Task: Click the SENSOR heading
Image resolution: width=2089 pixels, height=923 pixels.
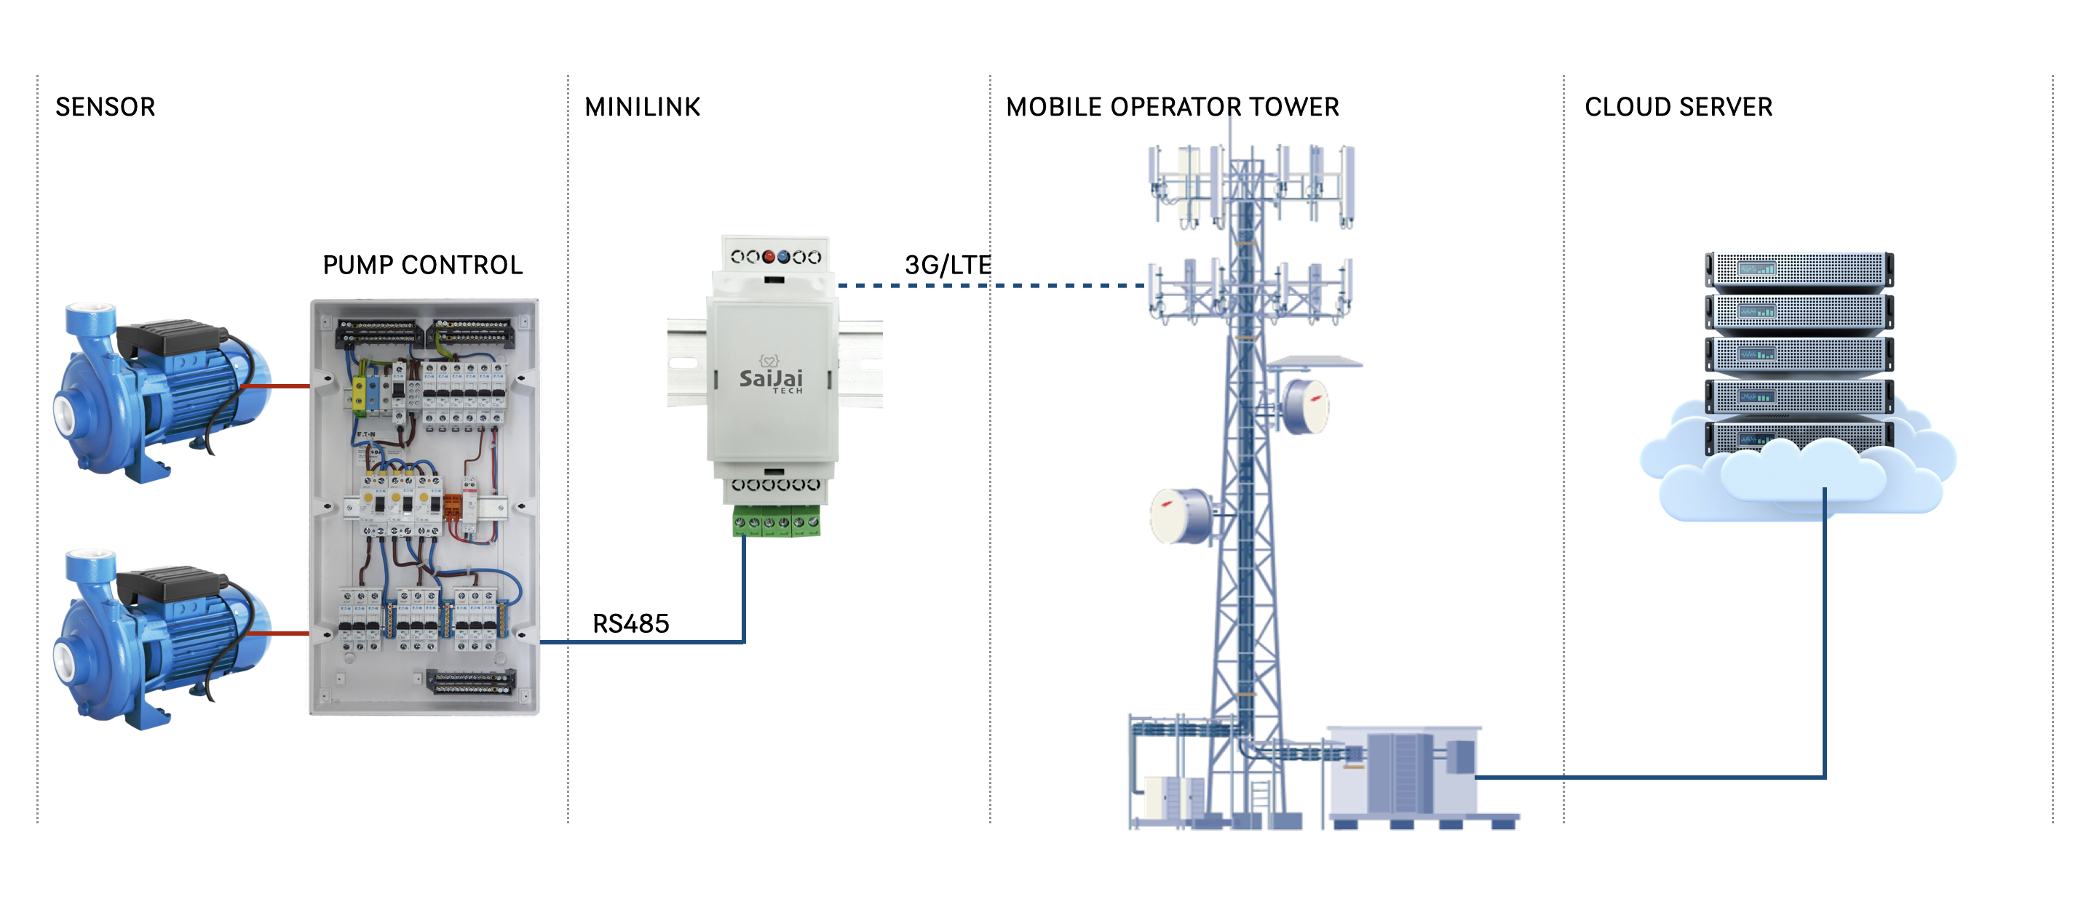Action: [x=106, y=107]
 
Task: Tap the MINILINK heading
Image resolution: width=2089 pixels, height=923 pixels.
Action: [x=642, y=107]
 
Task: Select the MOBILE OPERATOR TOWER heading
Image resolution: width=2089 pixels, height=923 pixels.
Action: [x=1172, y=107]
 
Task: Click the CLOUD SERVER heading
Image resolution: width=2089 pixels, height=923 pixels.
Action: [x=1678, y=107]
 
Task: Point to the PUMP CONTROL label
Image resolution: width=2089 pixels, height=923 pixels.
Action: [x=422, y=265]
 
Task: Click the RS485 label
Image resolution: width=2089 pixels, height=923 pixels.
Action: [x=631, y=623]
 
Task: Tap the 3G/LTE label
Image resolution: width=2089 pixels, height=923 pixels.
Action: [x=947, y=265]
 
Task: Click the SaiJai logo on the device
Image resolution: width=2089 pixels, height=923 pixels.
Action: [x=770, y=378]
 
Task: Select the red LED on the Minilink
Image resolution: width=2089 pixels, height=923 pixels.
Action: [x=769, y=257]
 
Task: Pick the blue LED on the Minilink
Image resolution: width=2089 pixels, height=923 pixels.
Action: [x=783, y=257]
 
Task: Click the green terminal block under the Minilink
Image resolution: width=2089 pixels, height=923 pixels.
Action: [x=776, y=521]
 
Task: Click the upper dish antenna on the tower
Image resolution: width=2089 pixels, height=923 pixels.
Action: [x=1306, y=406]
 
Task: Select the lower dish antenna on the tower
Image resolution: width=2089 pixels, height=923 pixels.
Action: [x=1181, y=516]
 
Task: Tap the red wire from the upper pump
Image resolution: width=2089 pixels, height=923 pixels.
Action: [x=276, y=386]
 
